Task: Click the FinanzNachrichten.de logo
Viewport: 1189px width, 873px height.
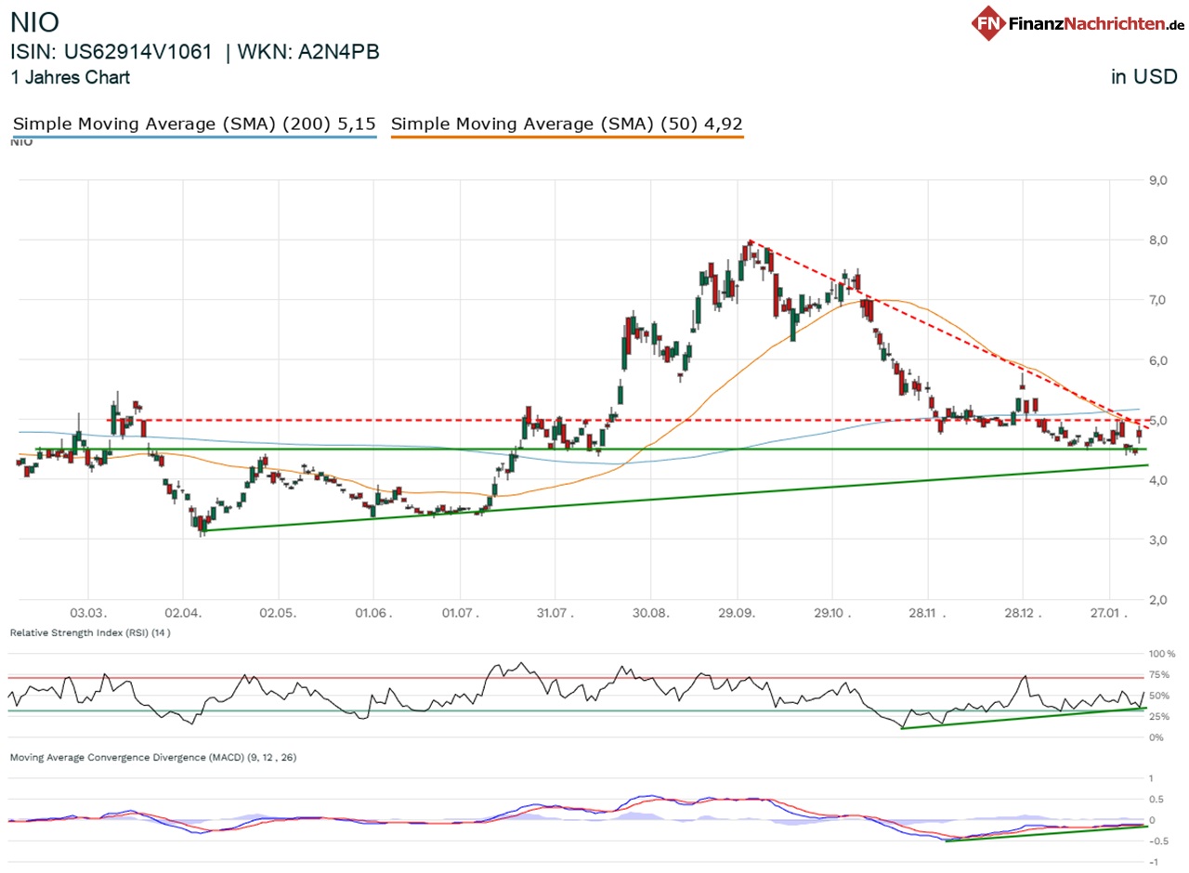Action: (x=1078, y=23)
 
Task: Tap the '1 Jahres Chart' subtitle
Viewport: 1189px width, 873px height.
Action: (x=70, y=78)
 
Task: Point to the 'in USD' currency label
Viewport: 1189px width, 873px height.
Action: (x=1144, y=78)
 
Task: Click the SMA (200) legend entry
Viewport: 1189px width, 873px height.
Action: (x=194, y=124)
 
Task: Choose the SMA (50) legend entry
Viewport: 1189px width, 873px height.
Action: (x=567, y=124)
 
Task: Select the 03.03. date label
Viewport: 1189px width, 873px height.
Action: (x=88, y=614)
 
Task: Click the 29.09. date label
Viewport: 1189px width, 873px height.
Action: (x=738, y=614)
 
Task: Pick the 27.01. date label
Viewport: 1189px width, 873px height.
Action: (x=1110, y=614)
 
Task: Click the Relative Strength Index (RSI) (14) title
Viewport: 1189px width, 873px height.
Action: (x=90, y=632)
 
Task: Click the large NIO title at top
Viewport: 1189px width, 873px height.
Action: (x=34, y=23)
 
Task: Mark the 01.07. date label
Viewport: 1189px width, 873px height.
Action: (x=460, y=614)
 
